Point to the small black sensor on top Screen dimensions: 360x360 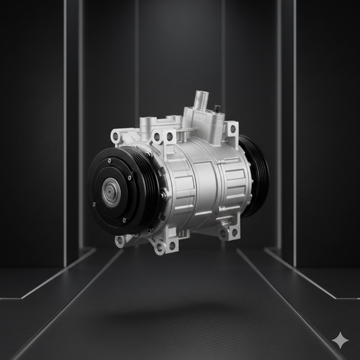(x=217, y=109)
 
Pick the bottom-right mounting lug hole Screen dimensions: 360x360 (x=234, y=232)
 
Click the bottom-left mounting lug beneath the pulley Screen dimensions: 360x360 (x=120, y=240)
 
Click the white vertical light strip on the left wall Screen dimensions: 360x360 (x=65, y=135)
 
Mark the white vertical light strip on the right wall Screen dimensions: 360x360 (x=294, y=135)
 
